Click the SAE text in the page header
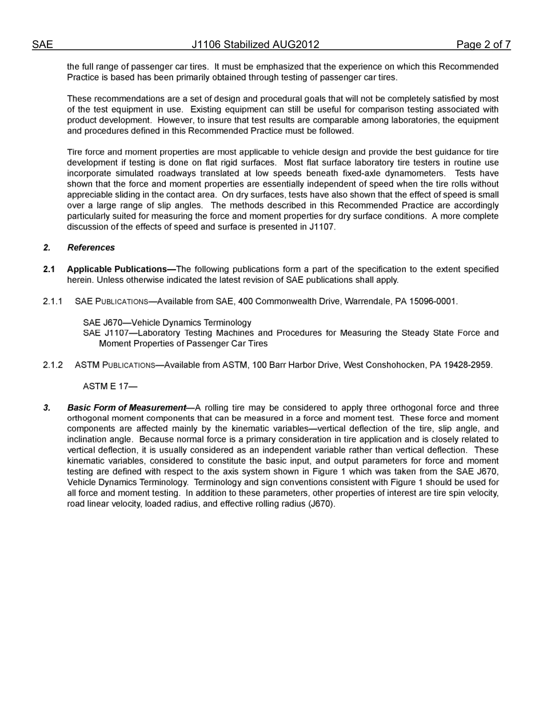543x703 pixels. click(x=42, y=45)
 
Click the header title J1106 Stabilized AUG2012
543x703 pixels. click(x=255, y=45)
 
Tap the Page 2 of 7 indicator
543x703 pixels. click(x=483, y=45)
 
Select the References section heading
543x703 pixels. click(x=91, y=247)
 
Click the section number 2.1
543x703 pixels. click(x=49, y=269)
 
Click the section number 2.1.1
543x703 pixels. click(x=53, y=301)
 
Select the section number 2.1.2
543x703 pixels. click(x=53, y=365)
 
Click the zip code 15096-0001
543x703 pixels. click(x=434, y=301)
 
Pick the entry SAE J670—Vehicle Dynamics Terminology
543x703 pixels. click(x=167, y=322)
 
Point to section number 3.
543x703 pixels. click(x=47, y=408)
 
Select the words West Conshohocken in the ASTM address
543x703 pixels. click(x=385, y=365)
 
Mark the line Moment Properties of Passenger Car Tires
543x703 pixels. click(x=183, y=343)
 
